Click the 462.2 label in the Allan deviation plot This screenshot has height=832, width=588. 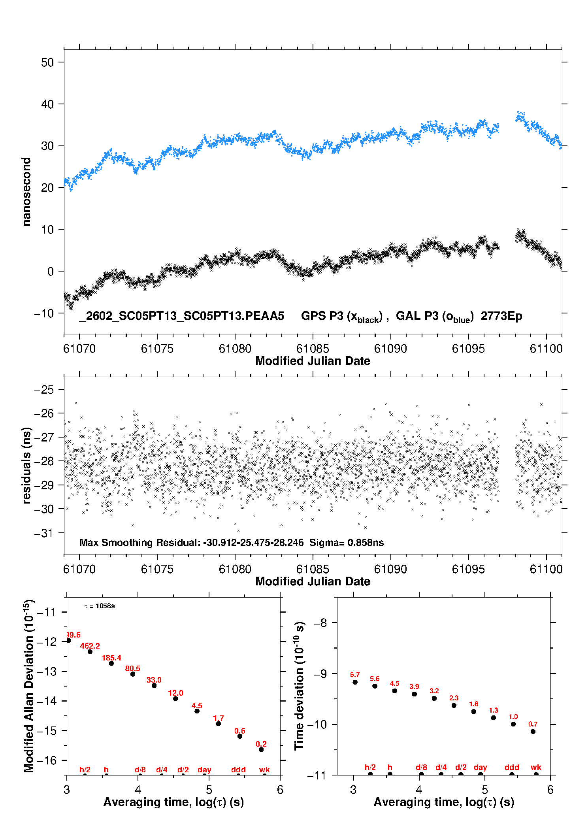[x=90, y=646]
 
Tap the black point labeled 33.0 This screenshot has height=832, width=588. [x=154, y=685]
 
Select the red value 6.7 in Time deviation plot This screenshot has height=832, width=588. [x=355, y=675]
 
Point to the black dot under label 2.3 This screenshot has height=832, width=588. [x=454, y=706]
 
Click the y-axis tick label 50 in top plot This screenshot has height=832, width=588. [x=47, y=62]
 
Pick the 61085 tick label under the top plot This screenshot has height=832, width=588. [x=313, y=349]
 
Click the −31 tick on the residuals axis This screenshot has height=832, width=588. [x=44, y=533]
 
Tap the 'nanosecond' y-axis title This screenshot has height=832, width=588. [x=26, y=192]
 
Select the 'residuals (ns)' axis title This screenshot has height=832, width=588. [x=26, y=466]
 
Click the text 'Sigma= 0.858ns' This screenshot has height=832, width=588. [x=347, y=543]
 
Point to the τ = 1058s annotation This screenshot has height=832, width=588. [x=100, y=606]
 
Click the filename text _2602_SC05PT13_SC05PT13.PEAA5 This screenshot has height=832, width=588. [x=181, y=316]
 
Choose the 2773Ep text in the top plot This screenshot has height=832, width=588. [x=501, y=316]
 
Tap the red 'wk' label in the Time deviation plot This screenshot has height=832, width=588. [x=536, y=768]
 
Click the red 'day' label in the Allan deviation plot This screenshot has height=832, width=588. [x=204, y=770]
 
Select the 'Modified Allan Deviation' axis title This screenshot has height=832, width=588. [x=29, y=686]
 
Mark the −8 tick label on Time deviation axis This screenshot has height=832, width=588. [x=320, y=623]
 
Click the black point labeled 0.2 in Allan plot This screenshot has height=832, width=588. [x=261, y=749]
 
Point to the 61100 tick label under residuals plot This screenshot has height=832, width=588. [x=546, y=570]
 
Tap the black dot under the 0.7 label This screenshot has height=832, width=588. [x=533, y=732]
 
